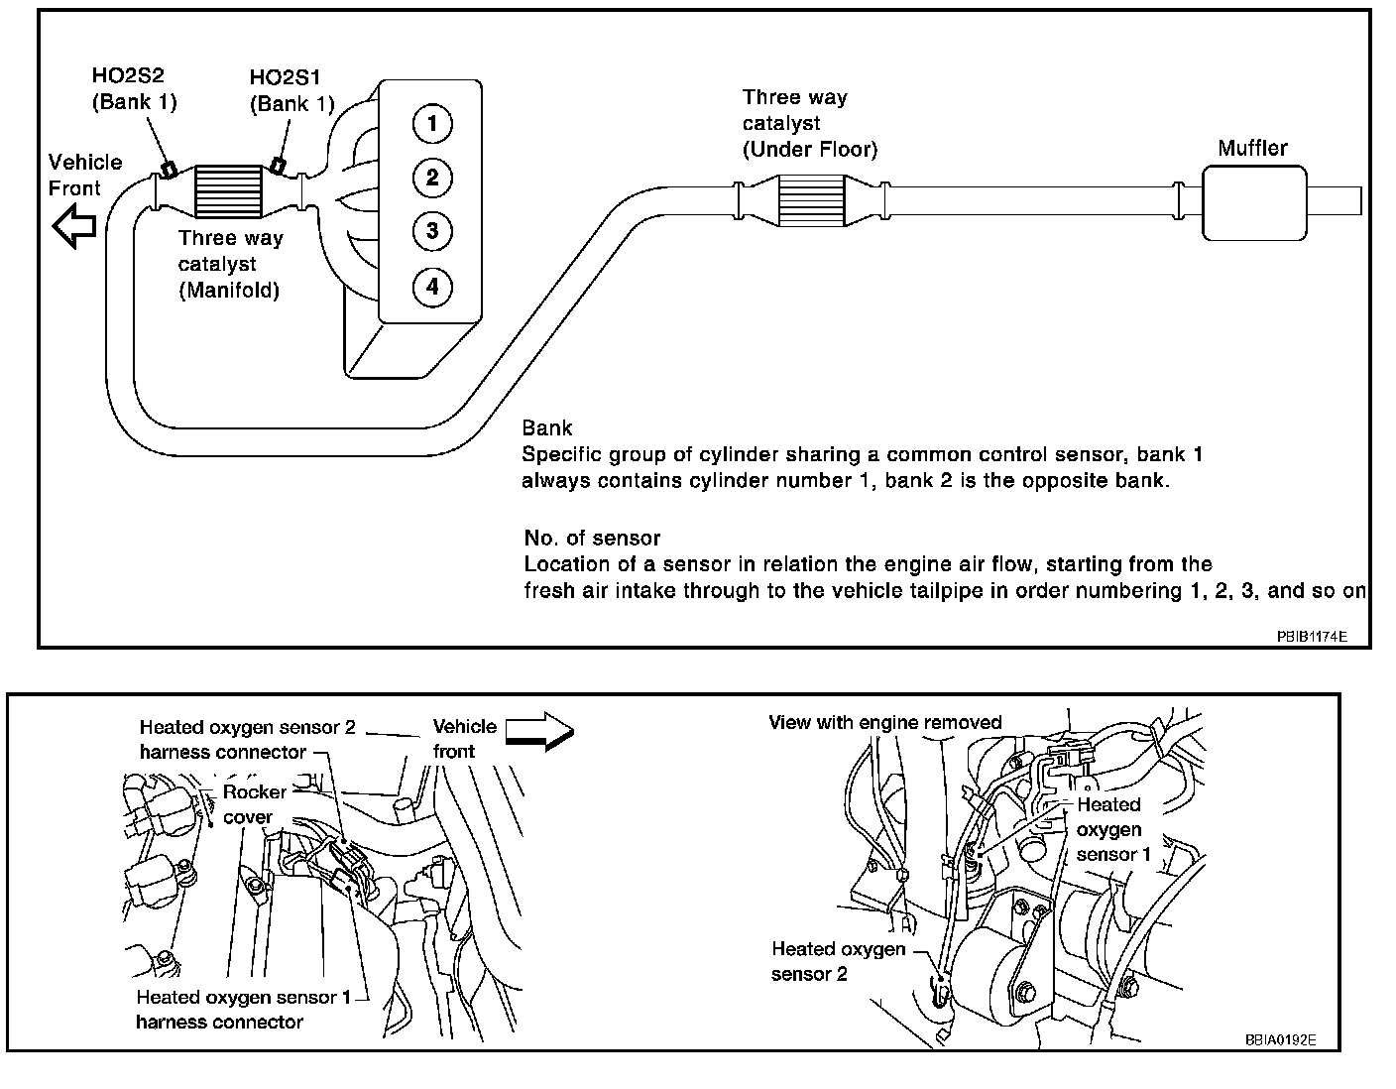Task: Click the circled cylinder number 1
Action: coord(432,124)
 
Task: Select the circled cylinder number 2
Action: coord(432,179)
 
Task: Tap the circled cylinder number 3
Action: coord(432,232)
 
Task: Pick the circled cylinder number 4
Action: coord(432,288)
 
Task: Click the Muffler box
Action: coord(1253,201)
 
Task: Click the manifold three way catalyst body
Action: coord(229,190)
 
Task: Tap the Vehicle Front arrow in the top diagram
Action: coord(74,227)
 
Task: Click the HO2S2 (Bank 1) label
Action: coord(134,88)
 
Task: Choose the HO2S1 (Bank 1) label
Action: coord(292,90)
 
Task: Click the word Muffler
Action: coord(1252,149)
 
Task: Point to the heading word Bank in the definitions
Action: coord(547,428)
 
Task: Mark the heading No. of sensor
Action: coord(592,539)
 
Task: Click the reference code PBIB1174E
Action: coord(1311,636)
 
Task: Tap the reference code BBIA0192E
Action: coord(1280,1040)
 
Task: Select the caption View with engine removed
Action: coord(884,722)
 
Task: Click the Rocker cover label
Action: coord(253,804)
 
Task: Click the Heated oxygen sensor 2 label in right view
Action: coord(838,961)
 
